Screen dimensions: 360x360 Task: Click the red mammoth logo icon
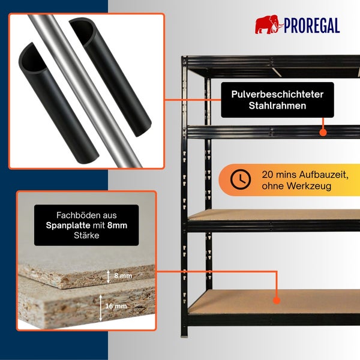tap(269, 25)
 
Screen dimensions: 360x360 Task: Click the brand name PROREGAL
tap(312, 26)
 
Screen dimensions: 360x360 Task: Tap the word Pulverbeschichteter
tap(277, 94)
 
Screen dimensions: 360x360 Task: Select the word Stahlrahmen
tap(277, 106)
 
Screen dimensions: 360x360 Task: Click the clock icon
tap(240, 179)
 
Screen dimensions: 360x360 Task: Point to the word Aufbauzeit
tap(324, 175)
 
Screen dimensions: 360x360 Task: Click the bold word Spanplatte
tap(68, 226)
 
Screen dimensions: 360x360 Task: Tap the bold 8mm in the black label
tap(117, 226)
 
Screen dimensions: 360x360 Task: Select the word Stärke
tap(86, 235)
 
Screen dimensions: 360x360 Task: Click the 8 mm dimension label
tap(123, 275)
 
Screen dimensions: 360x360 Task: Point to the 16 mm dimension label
tap(116, 306)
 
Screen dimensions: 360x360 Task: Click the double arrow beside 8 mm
tap(109, 277)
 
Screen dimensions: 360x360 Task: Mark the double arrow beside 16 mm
tap(101, 308)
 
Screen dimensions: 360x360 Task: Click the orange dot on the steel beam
tap(323, 133)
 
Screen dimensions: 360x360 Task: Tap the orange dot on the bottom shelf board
tap(277, 301)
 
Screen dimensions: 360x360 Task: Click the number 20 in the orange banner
tap(268, 175)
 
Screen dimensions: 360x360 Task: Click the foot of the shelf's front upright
tap(184, 335)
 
